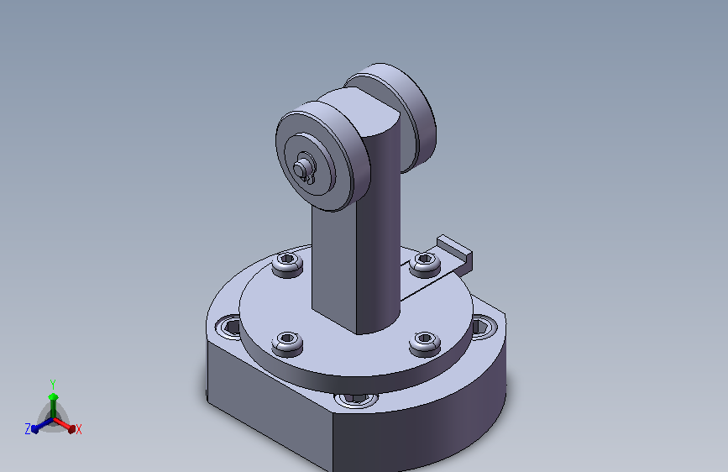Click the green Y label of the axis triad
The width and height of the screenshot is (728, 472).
pos(52,385)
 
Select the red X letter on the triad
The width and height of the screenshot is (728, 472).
pos(78,429)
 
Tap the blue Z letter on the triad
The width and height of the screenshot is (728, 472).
pos(28,429)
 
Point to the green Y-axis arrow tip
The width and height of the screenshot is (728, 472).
pos(53,396)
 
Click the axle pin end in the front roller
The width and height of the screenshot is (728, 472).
pos(301,168)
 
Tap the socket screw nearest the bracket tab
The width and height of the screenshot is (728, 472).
pos(425,264)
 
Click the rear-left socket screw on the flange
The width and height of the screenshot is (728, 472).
pos(287,264)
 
